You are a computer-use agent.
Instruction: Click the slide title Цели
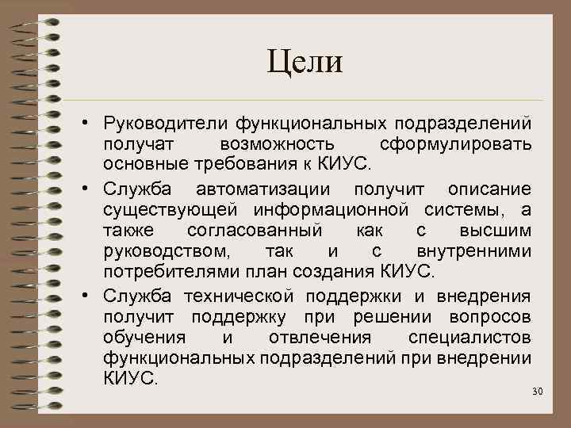pyautogui.click(x=305, y=62)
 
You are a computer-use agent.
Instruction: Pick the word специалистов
pyautogui.click(x=469, y=338)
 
